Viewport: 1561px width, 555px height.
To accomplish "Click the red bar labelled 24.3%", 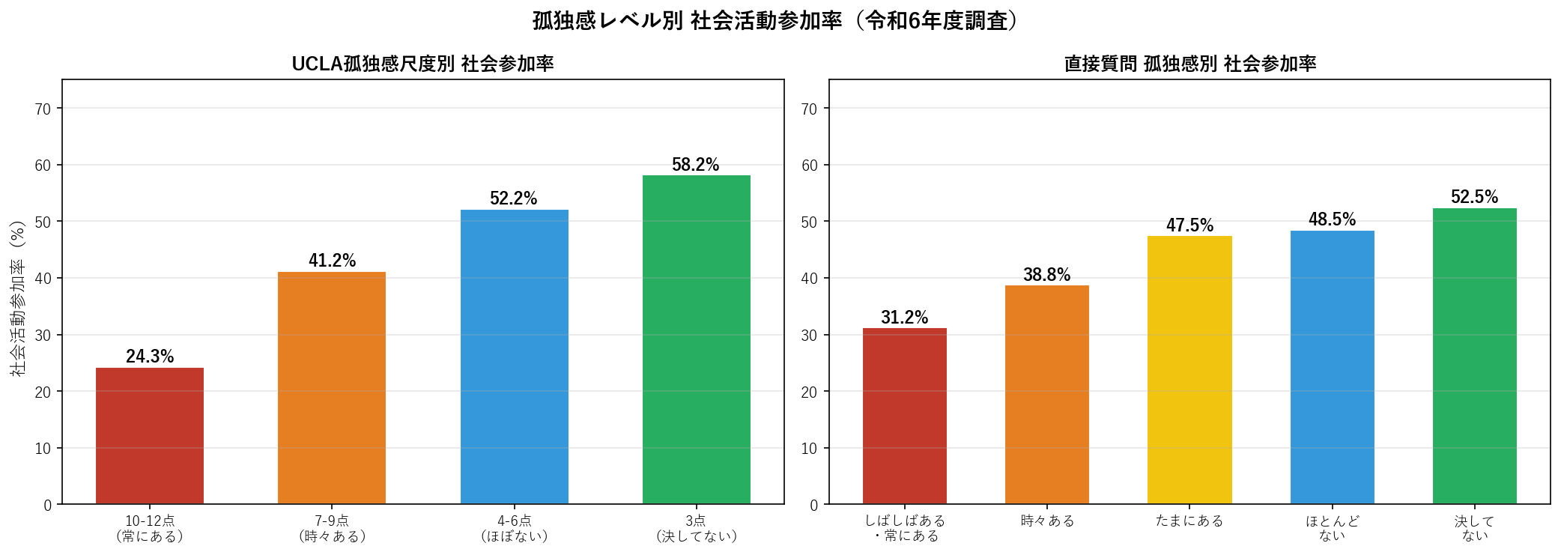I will click(150, 436).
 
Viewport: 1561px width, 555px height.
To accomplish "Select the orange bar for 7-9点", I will click(332, 388).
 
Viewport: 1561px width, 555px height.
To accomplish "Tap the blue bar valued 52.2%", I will click(514, 357).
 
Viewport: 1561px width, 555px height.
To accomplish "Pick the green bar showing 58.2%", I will click(696, 339).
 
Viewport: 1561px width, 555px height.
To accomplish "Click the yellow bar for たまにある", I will click(1189, 370).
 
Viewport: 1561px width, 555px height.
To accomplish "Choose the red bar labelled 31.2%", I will click(905, 416).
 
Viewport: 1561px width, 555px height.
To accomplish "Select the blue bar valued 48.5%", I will click(1332, 367).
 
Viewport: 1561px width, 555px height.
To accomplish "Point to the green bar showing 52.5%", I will click(1474, 356).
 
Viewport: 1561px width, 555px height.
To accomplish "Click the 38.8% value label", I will click(1046, 275).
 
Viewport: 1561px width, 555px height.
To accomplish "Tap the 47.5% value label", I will click(1189, 225).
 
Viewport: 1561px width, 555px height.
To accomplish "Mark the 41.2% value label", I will click(332, 261).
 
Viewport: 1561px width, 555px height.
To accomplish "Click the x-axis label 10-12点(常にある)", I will click(150, 528).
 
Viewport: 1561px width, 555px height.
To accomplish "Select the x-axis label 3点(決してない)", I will click(696, 528).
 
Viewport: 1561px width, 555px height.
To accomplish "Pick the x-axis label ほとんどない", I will click(1332, 528).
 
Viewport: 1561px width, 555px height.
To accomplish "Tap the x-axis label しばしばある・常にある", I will click(905, 528).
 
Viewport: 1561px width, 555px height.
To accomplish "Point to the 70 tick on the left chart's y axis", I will click(43, 109).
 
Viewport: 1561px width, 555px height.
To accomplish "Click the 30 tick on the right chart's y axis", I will click(809, 336).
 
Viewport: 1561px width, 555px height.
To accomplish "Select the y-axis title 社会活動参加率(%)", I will click(17, 298).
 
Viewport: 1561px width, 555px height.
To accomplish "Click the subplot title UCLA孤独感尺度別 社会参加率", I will click(422, 64).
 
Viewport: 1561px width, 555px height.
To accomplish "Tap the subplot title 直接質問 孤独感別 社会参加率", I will click(1189, 64).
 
